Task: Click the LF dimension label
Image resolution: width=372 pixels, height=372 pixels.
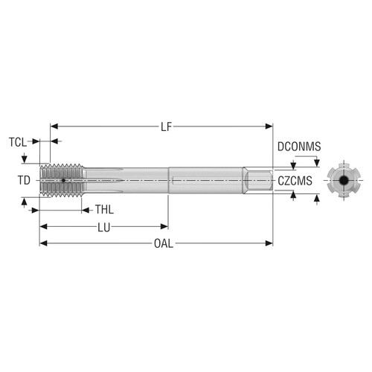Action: [x=165, y=127]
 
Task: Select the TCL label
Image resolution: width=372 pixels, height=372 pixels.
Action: [x=17, y=141]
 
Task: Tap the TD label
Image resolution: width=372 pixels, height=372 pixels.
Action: [x=23, y=180]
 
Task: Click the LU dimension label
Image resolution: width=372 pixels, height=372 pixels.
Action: [x=105, y=227]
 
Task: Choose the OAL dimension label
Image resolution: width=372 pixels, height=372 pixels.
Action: [x=161, y=244]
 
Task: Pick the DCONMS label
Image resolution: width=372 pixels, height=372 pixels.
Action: [x=299, y=147]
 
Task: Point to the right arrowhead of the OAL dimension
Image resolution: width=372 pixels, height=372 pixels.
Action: [x=271, y=244]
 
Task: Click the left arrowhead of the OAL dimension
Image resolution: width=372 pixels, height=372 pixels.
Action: [x=42, y=244]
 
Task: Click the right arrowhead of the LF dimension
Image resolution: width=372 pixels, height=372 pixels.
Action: [x=271, y=127]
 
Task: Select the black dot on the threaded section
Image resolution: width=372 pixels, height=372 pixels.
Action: [x=64, y=180]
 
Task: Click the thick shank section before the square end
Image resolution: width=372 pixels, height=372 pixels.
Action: [x=208, y=180]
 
